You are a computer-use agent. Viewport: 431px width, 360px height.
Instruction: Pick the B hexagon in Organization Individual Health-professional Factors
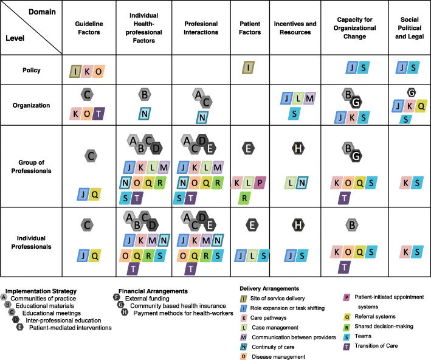point(144,95)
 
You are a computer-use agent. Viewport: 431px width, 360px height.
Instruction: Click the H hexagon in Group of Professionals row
point(298,147)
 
